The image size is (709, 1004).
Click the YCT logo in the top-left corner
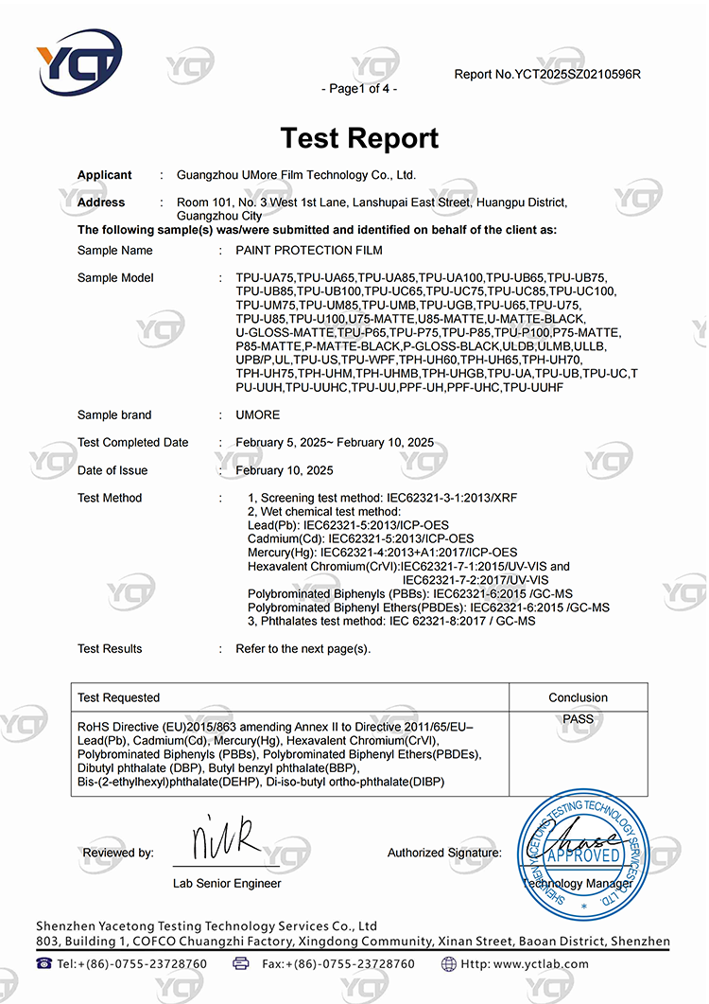79,65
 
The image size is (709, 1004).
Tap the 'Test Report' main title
359,138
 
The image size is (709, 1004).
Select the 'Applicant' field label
104,175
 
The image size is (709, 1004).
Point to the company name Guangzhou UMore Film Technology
296,175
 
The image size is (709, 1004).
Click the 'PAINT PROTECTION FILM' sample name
309,251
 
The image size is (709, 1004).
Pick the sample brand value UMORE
257,415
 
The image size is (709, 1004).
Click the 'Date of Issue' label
112,470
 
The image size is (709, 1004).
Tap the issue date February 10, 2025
284,470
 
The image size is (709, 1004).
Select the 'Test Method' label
110,498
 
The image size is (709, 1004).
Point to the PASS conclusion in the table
578,719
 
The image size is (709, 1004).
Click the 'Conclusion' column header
578,697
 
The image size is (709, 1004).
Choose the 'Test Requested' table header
118,697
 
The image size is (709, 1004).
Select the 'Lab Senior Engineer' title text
227,883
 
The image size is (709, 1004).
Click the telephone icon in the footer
44,963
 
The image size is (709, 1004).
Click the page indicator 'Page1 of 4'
359,89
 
